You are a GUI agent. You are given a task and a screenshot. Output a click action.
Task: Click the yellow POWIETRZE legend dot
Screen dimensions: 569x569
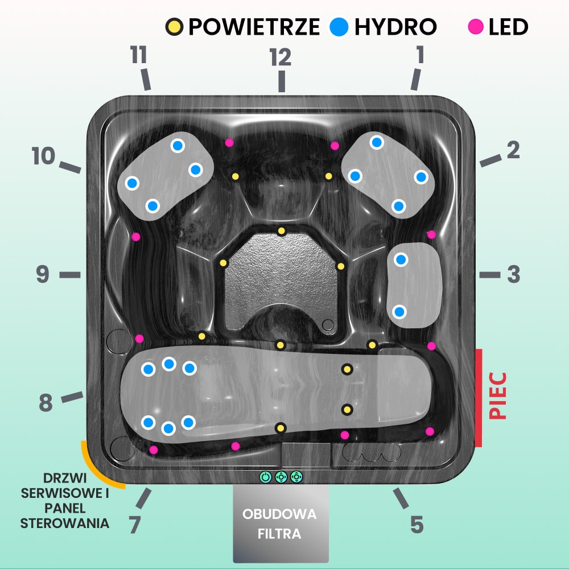(x=174, y=26)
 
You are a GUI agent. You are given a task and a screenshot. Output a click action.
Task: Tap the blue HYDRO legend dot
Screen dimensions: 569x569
(x=339, y=26)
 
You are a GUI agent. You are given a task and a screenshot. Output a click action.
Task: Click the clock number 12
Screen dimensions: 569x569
(x=281, y=57)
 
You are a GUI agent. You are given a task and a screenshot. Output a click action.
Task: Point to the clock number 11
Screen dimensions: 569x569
(x=138, y=56)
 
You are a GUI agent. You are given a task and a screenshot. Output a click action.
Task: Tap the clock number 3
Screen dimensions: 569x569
(x=513, y=275)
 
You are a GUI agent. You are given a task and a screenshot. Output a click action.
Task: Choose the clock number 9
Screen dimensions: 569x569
(x=43, y=275)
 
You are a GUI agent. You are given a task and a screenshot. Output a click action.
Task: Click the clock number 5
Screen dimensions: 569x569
(x=417, y=525)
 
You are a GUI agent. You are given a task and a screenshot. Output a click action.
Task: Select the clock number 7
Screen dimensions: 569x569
(x=134, y=525)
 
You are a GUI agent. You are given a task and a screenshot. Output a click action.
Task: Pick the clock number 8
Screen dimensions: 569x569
(x=46, y=403)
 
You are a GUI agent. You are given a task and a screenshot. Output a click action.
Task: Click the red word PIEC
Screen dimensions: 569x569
(x=498, y=396)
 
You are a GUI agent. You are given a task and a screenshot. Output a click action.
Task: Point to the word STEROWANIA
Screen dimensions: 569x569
(x=64, y=523)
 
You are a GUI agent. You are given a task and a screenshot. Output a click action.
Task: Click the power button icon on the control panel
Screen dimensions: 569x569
(x=265, y=477)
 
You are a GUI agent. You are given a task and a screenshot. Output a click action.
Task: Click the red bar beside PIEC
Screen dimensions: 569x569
(x=479, y=397)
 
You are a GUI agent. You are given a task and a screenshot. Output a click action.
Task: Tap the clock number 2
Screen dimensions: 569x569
(x=513, y=150)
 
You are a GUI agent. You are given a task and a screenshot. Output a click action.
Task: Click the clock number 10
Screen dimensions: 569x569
(x=43, y=156)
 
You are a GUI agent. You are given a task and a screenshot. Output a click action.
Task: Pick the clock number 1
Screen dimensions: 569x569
(x=420, y=56)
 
